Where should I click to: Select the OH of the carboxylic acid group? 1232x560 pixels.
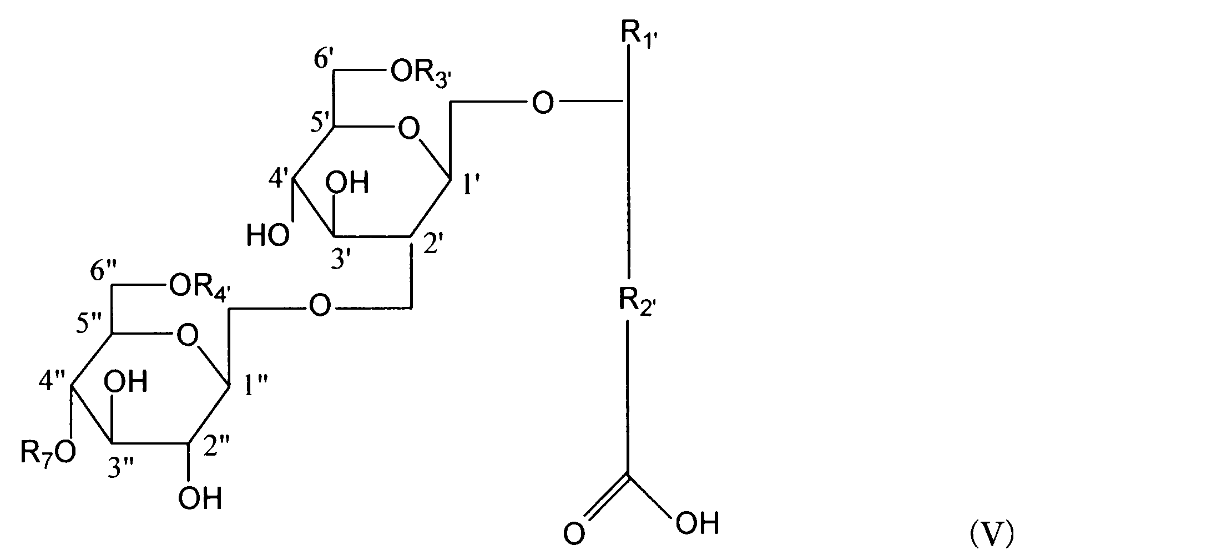point(696,523)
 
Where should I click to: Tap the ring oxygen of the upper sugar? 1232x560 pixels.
point(408,130)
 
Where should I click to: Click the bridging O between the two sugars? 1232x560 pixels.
point(320,306)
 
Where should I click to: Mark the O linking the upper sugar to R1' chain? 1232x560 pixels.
point(542,104)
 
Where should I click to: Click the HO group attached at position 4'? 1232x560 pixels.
point(267,236)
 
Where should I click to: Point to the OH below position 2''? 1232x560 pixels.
point(200,498)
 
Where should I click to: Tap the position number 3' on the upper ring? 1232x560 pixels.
point(342,259)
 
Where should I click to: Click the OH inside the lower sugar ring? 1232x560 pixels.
point(127,382)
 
